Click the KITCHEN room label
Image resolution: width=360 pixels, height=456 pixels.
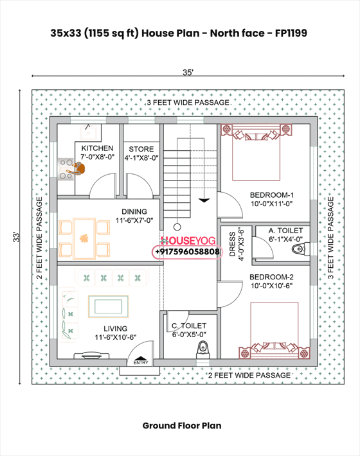(x=97, y=148)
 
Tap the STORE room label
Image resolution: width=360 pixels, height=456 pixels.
(x=140, y=148)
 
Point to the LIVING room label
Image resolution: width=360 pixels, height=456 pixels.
(x=115, y=329)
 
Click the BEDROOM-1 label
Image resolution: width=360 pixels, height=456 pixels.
(x=271, y=195)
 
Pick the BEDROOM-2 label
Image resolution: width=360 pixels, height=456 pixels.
(x=271, y=277)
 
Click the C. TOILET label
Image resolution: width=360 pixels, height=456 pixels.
(x=188, y=326)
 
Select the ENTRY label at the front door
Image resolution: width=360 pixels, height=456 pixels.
(x=141, y=363)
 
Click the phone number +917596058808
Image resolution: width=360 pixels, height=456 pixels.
(x=187, y=252)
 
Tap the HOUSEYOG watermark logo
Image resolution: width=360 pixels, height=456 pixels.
(x=186, y=240)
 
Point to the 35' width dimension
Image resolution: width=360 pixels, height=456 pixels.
(x=187, y=74)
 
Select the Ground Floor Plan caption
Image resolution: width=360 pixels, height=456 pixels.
(x=182, y=425)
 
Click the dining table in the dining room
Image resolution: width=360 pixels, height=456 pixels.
(x=85, y=238)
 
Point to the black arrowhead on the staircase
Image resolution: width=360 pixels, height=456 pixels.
(x=204, y=200)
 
